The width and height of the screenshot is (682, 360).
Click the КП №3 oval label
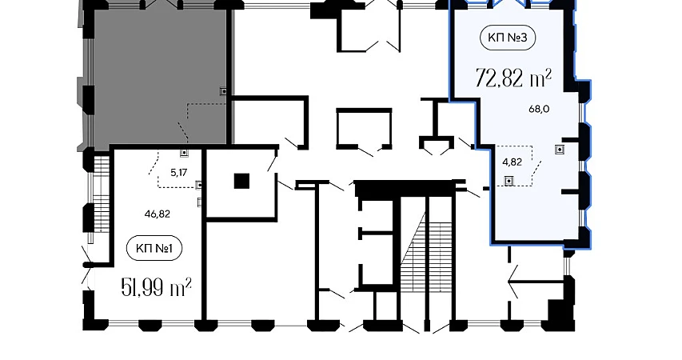pos(507,38)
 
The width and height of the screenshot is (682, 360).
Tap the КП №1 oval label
pos(154,249)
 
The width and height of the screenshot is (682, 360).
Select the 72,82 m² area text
pos(513,78)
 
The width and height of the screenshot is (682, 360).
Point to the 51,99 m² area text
pos(157,288)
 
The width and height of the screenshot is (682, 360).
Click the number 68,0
pos(539,110)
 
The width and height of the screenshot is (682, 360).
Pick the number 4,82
pos(512,162)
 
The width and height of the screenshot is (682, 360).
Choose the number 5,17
pos(179,173)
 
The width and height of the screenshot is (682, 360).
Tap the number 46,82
pos(157,214)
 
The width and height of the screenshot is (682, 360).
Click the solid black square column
pos(241,181)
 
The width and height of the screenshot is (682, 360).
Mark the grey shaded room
pos(160,76)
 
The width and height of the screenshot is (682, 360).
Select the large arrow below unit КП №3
pos(536,282)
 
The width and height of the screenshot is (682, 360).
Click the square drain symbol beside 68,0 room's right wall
pos(560,150)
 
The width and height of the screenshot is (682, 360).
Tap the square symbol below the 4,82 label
pos(508,180)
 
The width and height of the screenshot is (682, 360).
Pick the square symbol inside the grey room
pos(224,91)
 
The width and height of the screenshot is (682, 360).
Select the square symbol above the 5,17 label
pos(185,153)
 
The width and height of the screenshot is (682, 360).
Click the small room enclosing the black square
pos(241,183)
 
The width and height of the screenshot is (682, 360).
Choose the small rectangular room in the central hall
pos(365,127)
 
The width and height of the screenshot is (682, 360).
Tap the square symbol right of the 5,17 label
pos(199,185)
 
